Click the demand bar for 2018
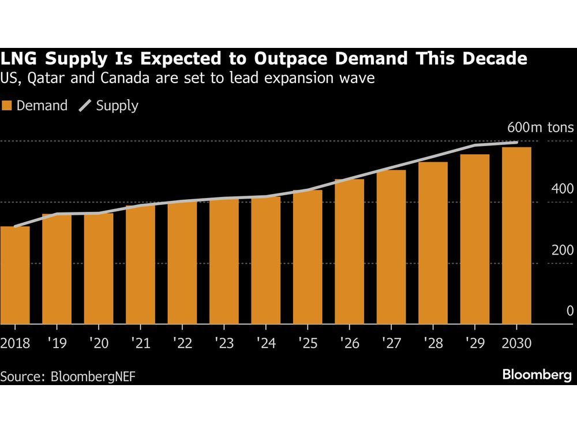coord(15,275)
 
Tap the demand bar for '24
coord(265,260)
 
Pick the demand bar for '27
coord(391,247)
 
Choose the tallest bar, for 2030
coord(516,236)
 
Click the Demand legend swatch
coord(7,106)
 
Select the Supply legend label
coord(117,106)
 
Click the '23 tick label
coord(224,343)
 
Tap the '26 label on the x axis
coord(349,343)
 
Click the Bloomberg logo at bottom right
coord(537,375)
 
